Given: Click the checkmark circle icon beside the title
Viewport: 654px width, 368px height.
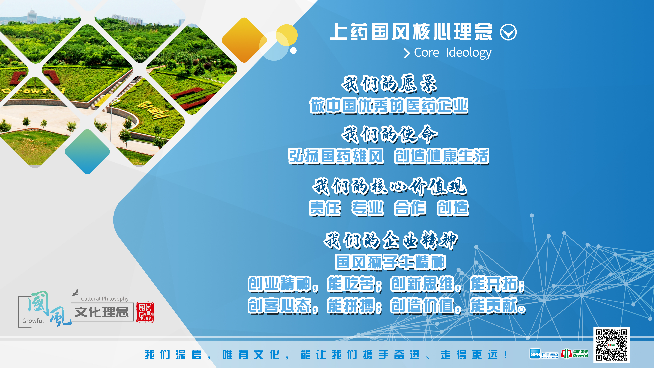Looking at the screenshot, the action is pos(508,32).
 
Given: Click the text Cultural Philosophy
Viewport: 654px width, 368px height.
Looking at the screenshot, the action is pos(105,299).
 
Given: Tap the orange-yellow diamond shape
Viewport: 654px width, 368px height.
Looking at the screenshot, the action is pos(244,40).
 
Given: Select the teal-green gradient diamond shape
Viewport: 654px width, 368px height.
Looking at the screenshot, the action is pos(87,152).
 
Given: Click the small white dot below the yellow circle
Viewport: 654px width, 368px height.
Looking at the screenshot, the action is pos(293,51).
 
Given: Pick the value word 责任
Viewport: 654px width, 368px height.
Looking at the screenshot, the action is pos(325,208).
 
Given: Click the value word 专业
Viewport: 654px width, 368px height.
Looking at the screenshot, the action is pos(367,208).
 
